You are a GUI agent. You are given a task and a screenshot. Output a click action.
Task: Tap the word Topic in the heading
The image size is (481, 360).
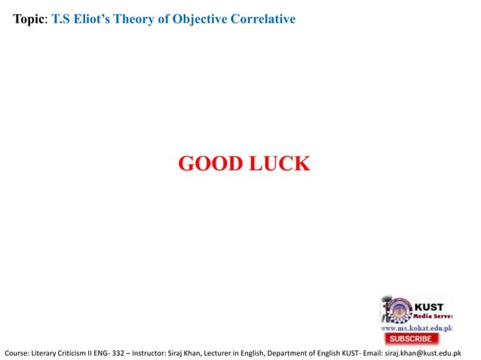(30, 19)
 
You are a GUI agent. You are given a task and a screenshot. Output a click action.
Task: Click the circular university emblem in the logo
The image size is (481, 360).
(394, 309)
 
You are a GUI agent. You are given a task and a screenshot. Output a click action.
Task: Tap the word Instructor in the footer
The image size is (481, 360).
(152, 352)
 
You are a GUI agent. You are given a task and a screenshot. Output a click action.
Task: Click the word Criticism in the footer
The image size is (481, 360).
(71, 352)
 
